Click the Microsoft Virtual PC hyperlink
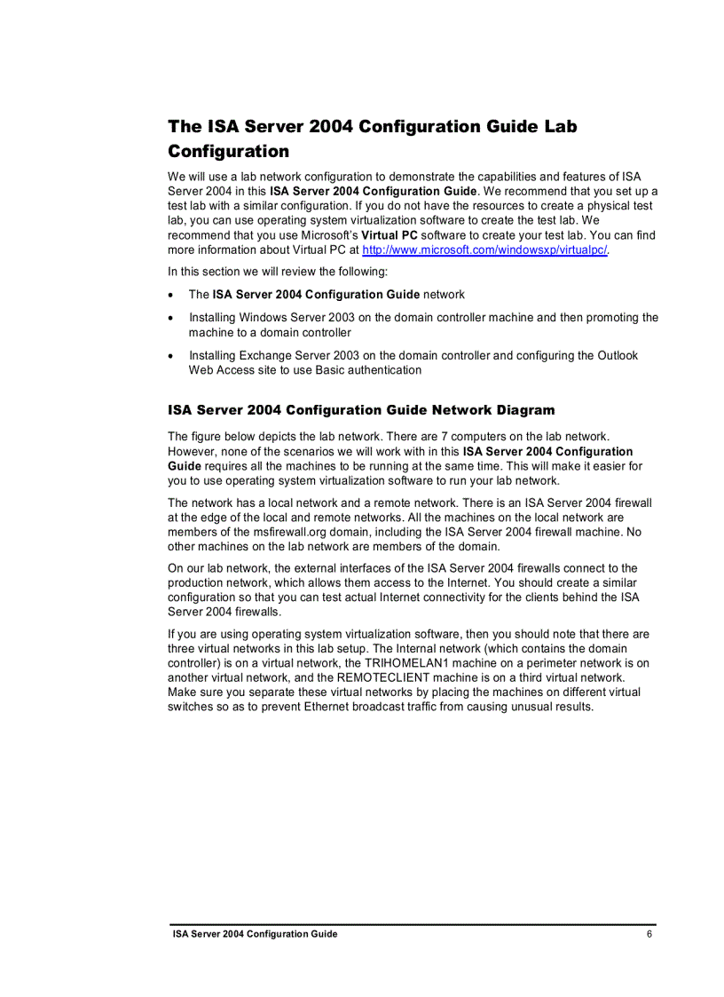pyautogui.click(x=484, y=250)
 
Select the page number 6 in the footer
pyautogui.click(x=649, y=934)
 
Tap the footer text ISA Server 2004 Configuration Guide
pyautogui.click(x=255, y=934)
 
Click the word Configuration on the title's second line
pyautogui.click(x=229, y=151)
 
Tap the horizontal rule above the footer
pyautogui.click(x=413, y=924)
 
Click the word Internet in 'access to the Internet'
pyautogui.click(x=529, y=582)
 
